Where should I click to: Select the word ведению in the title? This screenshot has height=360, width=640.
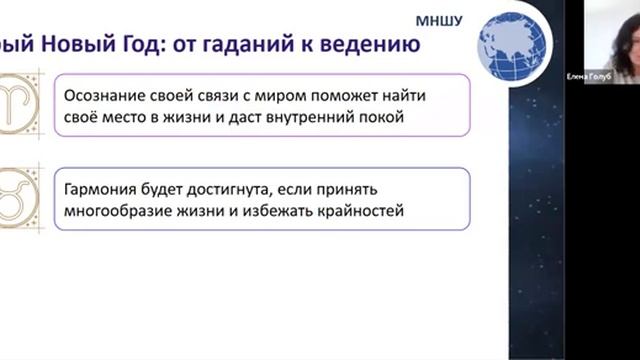(x=372, y=46)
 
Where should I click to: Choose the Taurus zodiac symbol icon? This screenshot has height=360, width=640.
(x=15, y=198)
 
